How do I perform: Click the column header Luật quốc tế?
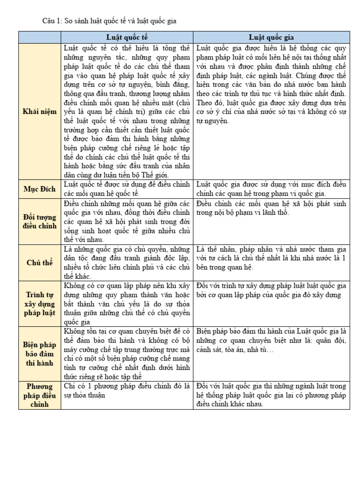127,37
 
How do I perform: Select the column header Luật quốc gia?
271,37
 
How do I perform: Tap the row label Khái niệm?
40,112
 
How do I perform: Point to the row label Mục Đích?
40,189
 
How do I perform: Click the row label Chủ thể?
40,262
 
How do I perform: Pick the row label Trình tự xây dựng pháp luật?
40,303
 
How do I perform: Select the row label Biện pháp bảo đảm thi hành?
40,354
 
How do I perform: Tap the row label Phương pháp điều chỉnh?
40,395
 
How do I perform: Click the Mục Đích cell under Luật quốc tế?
127,189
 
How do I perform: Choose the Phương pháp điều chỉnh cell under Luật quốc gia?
271,395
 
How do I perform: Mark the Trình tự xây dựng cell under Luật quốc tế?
127,303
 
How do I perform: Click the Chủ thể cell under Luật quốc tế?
127,262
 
